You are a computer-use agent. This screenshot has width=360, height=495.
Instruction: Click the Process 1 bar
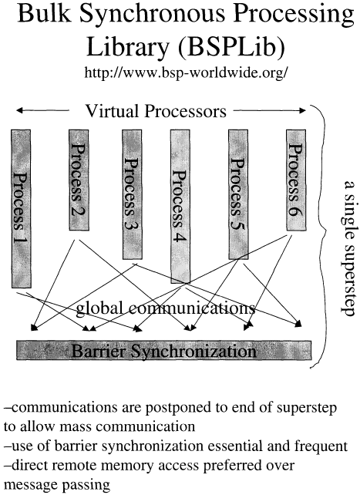tap(21, 209)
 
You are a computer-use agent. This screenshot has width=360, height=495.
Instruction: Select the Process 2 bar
tap(79, 180)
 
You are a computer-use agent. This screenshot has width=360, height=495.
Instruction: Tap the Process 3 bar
tap(132, 194)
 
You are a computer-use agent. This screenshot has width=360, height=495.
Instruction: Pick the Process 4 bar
tap(180, 206)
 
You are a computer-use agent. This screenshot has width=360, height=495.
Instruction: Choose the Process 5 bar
tap(238, 194)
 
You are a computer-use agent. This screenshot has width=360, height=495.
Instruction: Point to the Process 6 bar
tap(296, 180)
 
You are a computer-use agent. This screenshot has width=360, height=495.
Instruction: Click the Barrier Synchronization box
tap(164, 350)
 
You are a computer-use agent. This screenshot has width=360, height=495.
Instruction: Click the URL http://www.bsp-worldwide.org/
tap(186, 73)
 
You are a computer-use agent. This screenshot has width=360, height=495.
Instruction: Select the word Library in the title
tap(127, 48)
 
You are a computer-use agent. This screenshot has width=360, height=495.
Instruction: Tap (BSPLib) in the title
tap(231, 48)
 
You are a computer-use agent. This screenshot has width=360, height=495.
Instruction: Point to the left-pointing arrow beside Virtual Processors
tap(42, 110)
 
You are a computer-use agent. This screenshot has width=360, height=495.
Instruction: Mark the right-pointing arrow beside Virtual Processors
tap(270, 110)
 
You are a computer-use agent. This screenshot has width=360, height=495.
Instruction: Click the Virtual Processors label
tap(156, 111)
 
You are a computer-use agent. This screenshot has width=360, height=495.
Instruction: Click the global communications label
tap(166, 308)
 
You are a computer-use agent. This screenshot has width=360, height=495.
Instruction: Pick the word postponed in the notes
tap(178, 408)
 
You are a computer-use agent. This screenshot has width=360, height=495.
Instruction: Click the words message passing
tap(57, 485)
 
